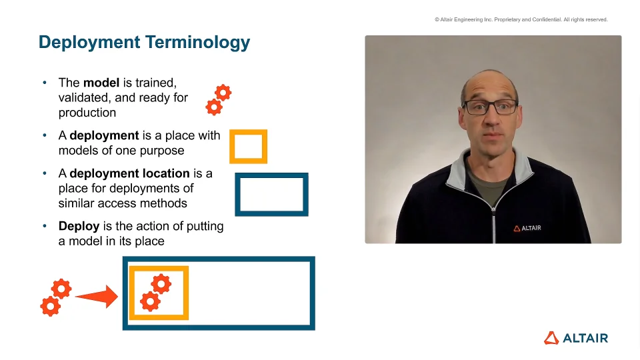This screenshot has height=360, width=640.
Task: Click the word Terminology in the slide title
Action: pos(197,43)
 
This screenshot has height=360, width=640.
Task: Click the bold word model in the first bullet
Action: pos(101,83)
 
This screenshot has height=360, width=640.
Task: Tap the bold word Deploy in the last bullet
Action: pos(79,227)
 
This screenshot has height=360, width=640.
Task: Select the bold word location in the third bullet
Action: pos(165,173)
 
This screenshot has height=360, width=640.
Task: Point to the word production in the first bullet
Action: pos(87,113)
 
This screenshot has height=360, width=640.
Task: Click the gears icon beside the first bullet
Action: pos(219,99)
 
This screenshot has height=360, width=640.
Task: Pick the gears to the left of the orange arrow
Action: pos(56,297)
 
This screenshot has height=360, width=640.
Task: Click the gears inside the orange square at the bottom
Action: pos(155,293)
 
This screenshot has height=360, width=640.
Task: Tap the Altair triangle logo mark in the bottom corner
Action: pos(551,338)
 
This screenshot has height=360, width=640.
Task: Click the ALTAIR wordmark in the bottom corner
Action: pos(585,338)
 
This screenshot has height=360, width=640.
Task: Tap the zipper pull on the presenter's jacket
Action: pos(493,210)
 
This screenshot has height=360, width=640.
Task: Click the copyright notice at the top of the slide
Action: pos(521,19)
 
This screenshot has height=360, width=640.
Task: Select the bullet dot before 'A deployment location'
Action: pos(45,173)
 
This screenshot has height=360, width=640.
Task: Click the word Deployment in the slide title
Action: pos(89,43)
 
